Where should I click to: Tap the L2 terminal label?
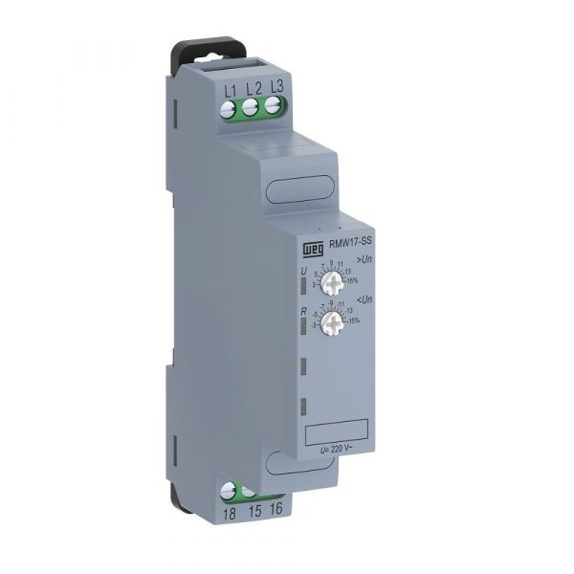(253, 89)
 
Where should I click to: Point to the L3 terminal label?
(276, 87)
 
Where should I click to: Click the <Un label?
(364, 299)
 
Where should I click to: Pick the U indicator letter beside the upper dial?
(304, 273)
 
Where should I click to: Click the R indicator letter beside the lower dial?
(303, 312)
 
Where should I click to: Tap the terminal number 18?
(229, 514)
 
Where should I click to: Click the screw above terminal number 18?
(231, 493)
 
